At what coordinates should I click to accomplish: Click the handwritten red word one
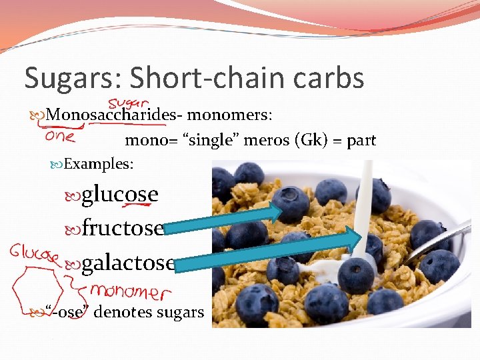[x=60, y=135]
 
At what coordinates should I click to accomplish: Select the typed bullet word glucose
[x=120, y=195]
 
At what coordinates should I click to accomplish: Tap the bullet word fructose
[x=123, y=229]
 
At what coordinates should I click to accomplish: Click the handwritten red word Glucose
[x=35, y=253]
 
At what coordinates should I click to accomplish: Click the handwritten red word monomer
[x=129, y=291]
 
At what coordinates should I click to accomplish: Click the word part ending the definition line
[x=361, y=141]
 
